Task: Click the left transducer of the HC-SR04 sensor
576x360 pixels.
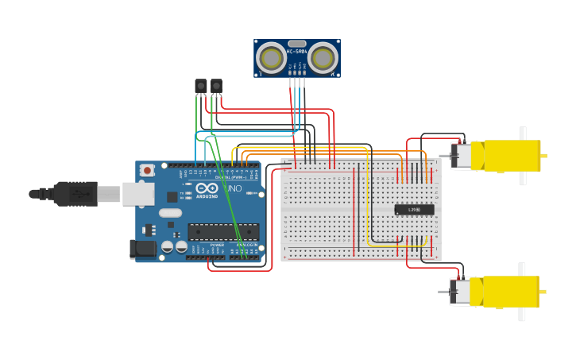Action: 272,58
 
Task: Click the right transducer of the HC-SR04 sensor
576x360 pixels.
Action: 323,58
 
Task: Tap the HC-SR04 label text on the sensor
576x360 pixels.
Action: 297,52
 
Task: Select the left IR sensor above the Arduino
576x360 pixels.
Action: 201,86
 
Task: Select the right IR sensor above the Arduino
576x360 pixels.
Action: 216,86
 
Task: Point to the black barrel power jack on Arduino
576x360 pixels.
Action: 143,249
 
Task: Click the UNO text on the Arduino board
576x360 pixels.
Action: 234,189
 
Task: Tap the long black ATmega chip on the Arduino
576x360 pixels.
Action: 223,231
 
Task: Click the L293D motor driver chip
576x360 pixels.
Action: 414,210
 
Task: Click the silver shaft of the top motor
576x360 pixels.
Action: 444,156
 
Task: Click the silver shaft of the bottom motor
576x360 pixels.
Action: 443,292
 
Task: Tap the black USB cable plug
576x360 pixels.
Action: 75,193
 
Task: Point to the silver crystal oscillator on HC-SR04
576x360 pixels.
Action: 297,44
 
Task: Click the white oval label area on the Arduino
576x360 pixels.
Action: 170,212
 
